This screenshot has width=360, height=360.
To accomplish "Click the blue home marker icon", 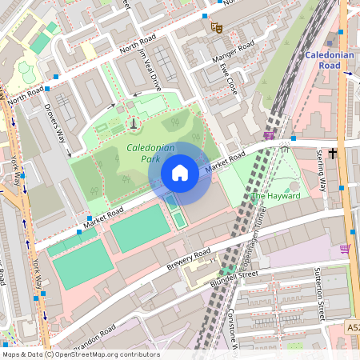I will tap(180, 172).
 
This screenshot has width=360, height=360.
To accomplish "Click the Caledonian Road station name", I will tap(329, 60).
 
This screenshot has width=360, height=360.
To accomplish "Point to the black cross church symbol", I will tap(330, 151).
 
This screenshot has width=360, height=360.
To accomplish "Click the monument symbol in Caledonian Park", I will tap(133, 123).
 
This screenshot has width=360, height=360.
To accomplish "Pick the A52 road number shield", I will tap(353, 329).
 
